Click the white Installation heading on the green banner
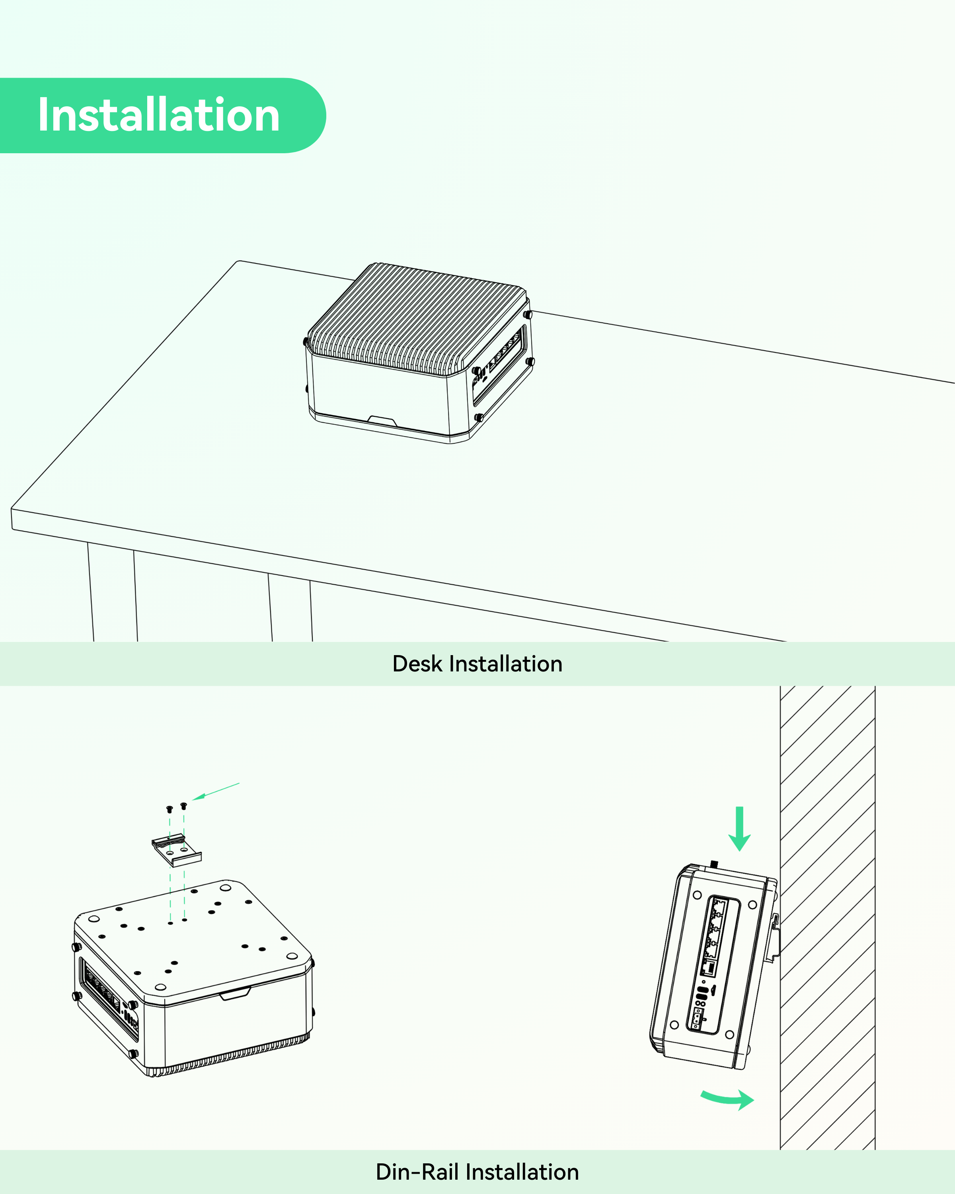(159, 115)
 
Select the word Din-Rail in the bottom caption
(417, 1172)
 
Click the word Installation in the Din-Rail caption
(522, 1172)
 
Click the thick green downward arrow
(739, 829)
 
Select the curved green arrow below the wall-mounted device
(727, 1099)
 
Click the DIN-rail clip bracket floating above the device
(177, 850)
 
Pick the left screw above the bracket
(170, 809)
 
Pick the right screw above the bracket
(184, 805)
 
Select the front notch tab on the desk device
(382, 421)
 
